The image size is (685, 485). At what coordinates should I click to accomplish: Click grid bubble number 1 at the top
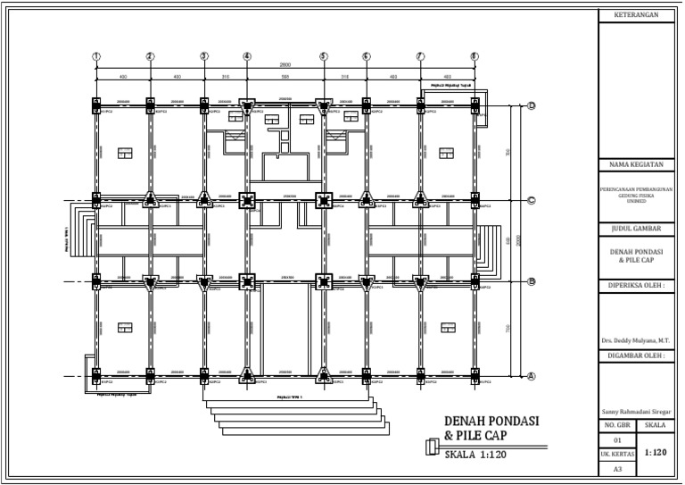click(96, 56)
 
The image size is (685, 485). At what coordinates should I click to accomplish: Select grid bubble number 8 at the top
click(474, 56)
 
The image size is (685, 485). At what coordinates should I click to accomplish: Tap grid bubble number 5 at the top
click(323, 56)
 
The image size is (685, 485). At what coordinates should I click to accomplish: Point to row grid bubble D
click(531, 105)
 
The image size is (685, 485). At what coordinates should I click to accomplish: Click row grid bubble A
click(531, 376)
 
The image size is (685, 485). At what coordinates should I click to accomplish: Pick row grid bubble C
click(531, 200)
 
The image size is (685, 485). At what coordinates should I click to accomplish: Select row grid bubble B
click(531, 281)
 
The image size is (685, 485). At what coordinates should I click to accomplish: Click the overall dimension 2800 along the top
click(285, 65)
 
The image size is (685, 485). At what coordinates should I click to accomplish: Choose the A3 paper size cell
click(617, 468)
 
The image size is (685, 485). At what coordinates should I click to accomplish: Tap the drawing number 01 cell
click(617, 440)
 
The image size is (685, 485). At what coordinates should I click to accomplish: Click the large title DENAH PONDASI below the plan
click(492, 422)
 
